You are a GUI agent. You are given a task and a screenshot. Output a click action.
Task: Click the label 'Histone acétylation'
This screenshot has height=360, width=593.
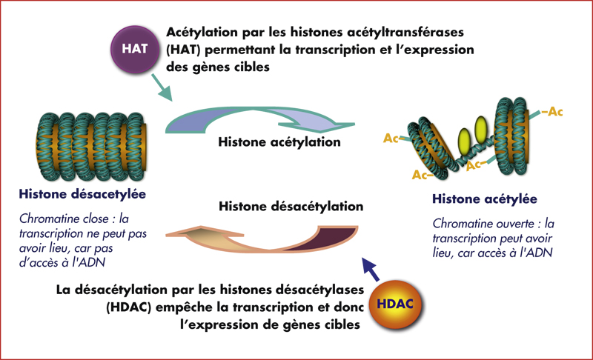point(279,141)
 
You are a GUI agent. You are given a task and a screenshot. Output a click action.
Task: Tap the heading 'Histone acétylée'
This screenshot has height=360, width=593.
point(483,199)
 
